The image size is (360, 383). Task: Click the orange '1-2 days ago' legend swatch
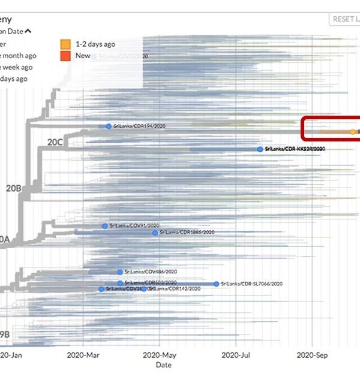point(65,44)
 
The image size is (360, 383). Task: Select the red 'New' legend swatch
point(65,56)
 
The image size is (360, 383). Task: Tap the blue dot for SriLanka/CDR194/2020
point(109,126)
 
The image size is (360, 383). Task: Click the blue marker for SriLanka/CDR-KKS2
point(260,149)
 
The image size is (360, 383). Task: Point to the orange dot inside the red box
point(352,131)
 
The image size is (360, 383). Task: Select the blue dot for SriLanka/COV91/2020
point(105,226)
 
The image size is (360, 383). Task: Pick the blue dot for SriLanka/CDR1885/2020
point(155,233)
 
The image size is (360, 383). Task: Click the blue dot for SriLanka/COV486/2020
point(120,272)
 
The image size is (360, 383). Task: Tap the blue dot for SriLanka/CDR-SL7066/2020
point(217,284)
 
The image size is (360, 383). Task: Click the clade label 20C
point(55,142)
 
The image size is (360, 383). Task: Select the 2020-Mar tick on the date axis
point(84,355)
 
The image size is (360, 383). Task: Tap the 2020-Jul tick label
point(236,355)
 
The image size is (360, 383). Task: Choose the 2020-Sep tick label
point(313,355)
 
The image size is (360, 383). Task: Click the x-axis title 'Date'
point(163,364)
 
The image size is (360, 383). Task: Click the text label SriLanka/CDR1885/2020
point(187,233)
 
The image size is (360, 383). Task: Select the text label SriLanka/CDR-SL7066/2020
point(251,284)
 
